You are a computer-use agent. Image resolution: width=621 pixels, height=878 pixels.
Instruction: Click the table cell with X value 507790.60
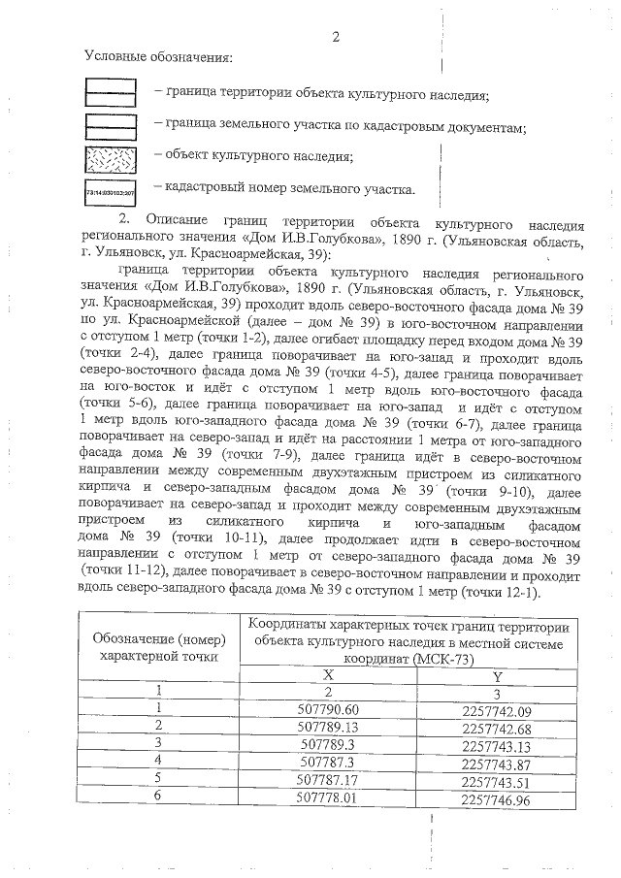(328, 708)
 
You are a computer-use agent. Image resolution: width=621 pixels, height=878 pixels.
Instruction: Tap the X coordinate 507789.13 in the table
(328, 726)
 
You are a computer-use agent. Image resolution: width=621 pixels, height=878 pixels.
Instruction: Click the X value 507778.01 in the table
(328, 800)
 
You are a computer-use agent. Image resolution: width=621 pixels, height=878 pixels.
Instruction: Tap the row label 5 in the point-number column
(157, 782)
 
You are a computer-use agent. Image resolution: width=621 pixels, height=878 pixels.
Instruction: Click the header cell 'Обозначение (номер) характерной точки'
(157, 647)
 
